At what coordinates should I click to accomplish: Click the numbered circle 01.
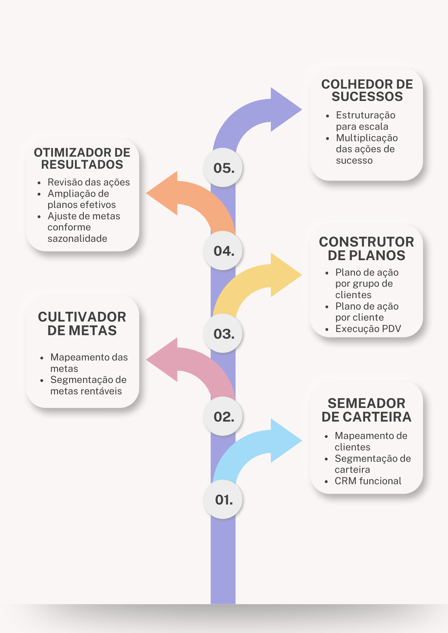[223, 499]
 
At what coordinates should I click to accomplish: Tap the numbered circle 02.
[223, 417]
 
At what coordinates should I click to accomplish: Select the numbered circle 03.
[223, 334]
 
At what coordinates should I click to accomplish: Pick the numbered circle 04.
[223, 251]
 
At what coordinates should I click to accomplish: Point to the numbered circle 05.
[223, 168]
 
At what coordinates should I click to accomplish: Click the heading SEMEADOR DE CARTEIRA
[366, 410]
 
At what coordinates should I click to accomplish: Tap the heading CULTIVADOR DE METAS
[82, 323]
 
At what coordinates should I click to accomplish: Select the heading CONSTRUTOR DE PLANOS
[366, 248]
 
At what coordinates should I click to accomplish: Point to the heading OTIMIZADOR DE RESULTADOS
[82, 159]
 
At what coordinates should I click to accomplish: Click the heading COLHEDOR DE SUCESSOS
[367, 91]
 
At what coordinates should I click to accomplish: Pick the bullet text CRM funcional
[368, 481]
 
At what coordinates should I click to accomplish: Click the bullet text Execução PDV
[368, 329]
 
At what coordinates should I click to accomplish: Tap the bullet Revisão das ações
[89, 182]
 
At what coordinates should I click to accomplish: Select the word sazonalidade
[77, 239]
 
